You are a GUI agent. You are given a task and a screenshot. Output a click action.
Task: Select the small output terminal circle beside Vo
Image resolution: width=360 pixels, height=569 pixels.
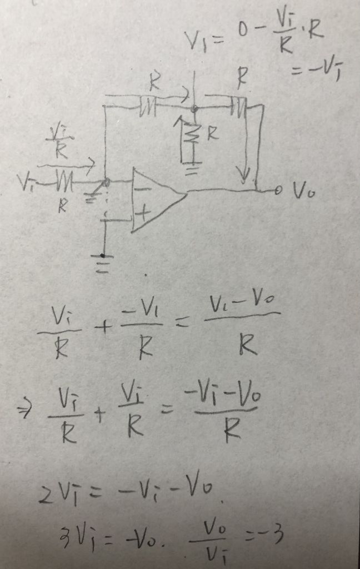click(279, 191)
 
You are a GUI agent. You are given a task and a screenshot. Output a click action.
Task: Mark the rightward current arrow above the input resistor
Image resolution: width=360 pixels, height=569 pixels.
click(66, 164)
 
